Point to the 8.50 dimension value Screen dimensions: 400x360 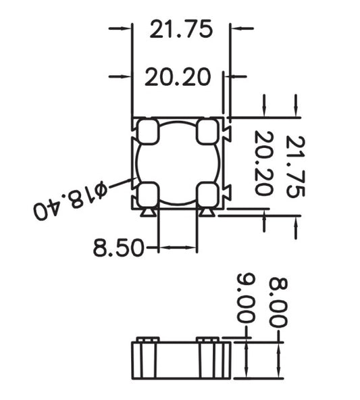118,249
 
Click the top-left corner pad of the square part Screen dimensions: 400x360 148,131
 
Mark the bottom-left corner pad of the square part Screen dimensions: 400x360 148,194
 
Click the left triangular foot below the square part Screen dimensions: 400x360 147,214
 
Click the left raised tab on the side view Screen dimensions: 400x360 147,339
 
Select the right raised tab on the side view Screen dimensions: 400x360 207,339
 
